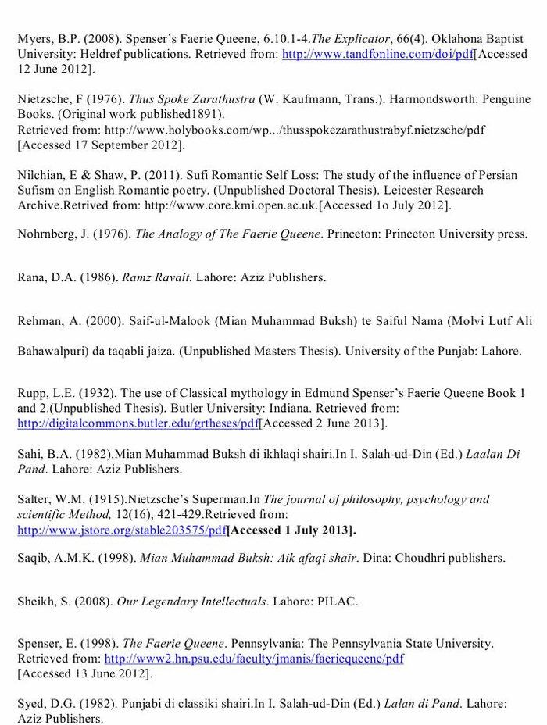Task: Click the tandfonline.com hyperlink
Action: (x=377, y=55)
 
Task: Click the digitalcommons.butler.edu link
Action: (x=138, y=423)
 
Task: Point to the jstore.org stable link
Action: (x=121, y=530)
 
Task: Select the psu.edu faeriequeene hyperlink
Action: (x=254, y=659)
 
